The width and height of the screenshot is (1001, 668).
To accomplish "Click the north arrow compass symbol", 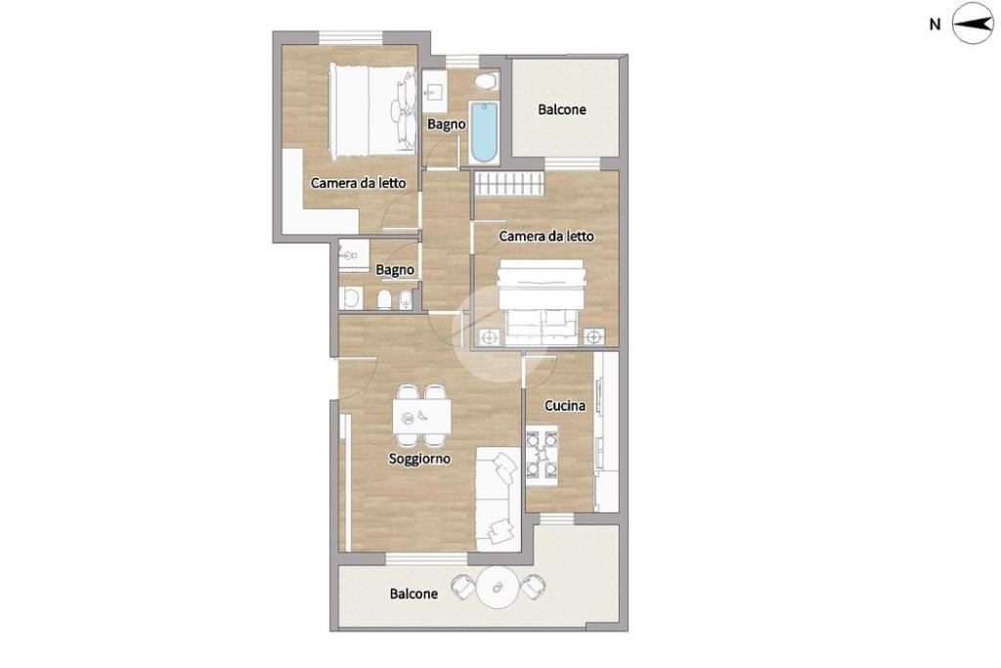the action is [x=973, y=23].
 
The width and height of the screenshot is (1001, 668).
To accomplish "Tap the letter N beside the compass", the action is [x=935, y=24].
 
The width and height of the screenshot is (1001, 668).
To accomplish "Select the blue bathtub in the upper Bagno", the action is [x=484, y=132].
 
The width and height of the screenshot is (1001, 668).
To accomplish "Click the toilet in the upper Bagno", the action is [x=487, y=81].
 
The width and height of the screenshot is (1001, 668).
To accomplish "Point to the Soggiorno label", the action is [x=419, y=459].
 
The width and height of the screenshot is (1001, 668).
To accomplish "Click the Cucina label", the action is [x=565, y=406].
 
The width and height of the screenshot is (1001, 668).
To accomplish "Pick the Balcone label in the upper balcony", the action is [x=562, y=110].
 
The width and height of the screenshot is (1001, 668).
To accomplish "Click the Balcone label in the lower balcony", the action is [x=413, y=594].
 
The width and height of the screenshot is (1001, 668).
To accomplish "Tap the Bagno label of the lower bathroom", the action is [x=395, y=270].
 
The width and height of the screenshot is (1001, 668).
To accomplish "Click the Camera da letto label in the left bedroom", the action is [x=358, y=183].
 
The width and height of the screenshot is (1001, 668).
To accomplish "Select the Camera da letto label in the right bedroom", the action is [x=546, y=237].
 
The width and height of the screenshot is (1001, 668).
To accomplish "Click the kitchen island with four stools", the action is [x=542, y=455].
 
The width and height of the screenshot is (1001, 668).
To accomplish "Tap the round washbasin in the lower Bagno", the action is [x=350, y=297].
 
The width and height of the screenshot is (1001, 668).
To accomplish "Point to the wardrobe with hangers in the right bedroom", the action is [x=508, y=185].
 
